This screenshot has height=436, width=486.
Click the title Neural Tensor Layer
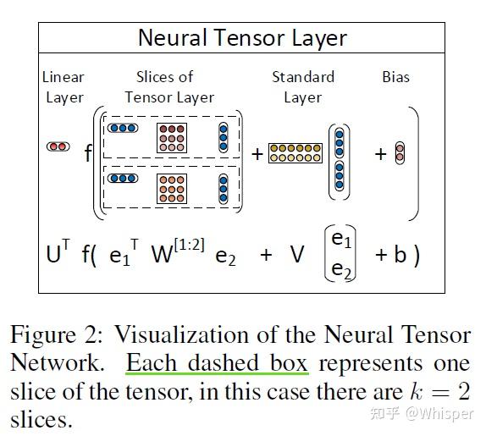(242, 38)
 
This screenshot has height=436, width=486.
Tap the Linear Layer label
(64, 87)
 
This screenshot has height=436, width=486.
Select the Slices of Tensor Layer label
(169, 87)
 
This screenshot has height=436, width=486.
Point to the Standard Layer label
(302, 87)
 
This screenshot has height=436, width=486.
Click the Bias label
(395, 77)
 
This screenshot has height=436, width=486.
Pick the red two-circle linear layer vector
(58, 146)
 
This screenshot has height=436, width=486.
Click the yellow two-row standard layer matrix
(295, 153)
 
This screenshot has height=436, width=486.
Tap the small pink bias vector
(400, 153)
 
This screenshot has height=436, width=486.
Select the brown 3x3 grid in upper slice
(171, 137)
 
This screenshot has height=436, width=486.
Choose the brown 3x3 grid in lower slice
(171, 189)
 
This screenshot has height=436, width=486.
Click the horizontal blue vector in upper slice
(123, 128)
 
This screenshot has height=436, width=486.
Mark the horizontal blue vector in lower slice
(123, 179)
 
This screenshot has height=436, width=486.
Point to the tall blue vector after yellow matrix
(340, 157)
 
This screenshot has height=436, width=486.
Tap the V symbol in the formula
(296, 254)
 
